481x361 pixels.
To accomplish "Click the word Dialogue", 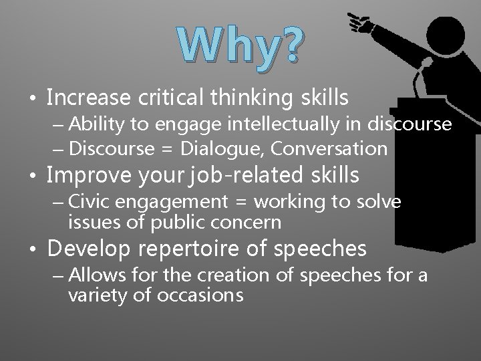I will (x=225, y=148).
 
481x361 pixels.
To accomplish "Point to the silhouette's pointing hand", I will (x=361, y=22).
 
